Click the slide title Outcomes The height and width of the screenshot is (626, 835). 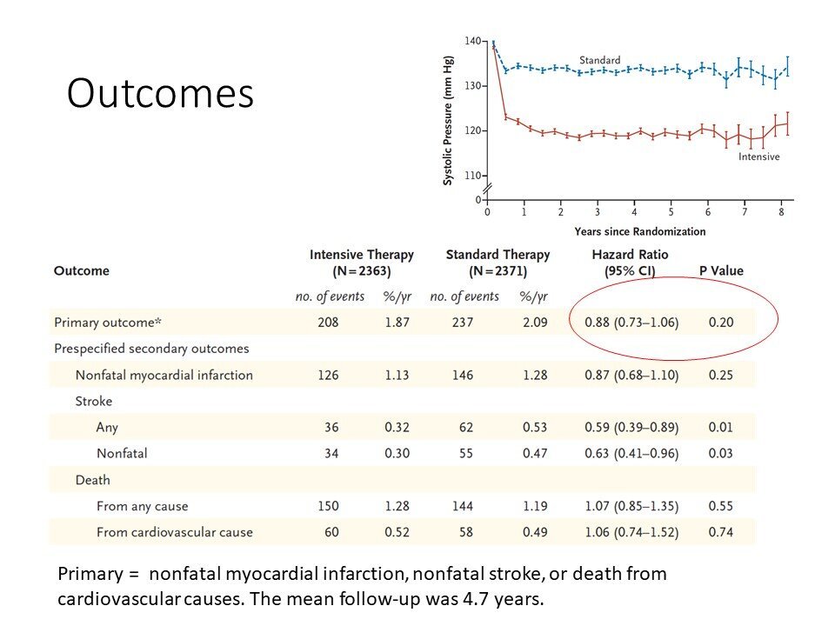coord(160,93)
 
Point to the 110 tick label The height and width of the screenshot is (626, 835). coord(472,175)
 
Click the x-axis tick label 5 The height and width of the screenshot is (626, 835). coord(671,212)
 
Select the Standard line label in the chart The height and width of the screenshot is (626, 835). coord(599,60)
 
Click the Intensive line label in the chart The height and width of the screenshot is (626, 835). coord(758,156)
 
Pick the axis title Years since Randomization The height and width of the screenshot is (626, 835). coord(640,231)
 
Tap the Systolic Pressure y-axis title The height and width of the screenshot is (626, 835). coord(448,120)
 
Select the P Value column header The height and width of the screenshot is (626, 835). coord(721,270)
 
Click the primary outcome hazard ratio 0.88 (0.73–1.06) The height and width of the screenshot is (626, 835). coord(631,323)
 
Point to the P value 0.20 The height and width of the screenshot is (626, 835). coord(721,322)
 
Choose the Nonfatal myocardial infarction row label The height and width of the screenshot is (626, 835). coord(164,376)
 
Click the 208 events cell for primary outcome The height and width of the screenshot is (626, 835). coord(328,322)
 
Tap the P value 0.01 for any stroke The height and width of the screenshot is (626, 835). coord(720,427)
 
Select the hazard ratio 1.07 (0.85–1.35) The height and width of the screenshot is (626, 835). coord(631,506)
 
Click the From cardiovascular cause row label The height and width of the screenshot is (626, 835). coord(175,532)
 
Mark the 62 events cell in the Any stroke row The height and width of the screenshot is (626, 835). coord(466,427)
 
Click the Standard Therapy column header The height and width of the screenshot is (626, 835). coord(498,263)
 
